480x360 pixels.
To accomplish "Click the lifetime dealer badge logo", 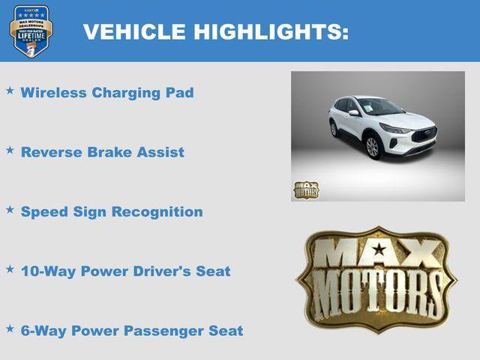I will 31,31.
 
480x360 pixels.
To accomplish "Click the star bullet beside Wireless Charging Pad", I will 10,90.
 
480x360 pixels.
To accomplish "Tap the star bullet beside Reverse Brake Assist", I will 10,149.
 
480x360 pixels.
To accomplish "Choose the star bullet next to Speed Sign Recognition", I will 10,209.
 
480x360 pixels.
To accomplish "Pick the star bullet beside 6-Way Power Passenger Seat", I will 10,328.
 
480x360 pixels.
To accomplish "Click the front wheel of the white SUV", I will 373,146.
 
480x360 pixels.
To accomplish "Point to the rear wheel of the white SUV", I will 334,129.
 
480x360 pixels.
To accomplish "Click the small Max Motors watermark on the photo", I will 306,190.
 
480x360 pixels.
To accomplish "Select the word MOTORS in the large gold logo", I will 377,294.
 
